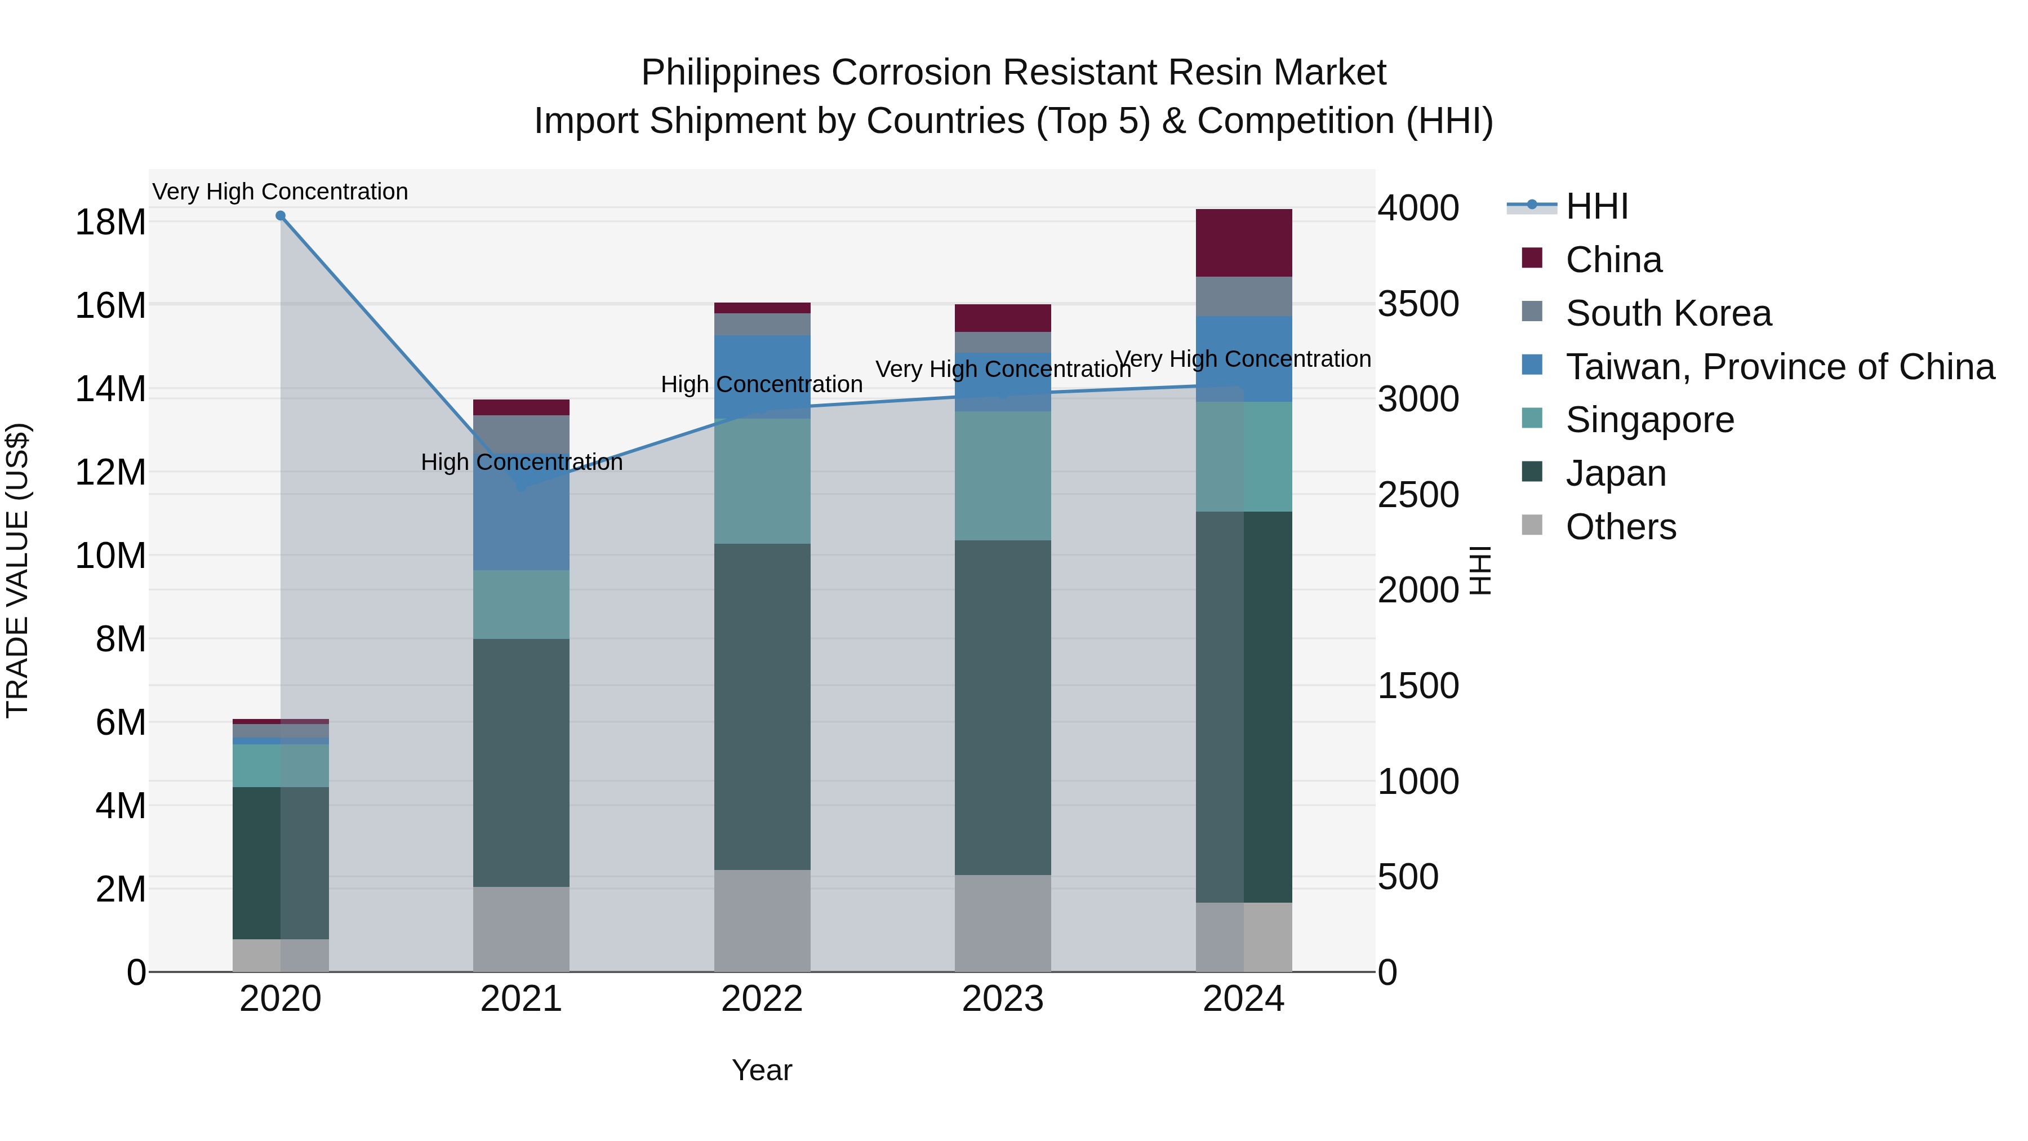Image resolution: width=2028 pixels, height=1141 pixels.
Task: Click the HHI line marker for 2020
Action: [281, 216]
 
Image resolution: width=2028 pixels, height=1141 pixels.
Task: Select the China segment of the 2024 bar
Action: [1243, 242]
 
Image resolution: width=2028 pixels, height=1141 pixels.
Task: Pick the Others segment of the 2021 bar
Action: [521, 929]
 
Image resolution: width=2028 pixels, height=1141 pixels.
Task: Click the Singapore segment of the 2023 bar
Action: [1002, 476]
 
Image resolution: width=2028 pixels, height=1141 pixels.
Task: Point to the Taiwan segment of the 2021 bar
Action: [521, 520]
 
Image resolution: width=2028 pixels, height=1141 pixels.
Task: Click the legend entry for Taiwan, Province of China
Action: [1779, 367]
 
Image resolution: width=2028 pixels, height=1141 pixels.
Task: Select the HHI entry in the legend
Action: [1596, 206]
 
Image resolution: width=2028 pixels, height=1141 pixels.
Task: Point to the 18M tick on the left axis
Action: [110, 223]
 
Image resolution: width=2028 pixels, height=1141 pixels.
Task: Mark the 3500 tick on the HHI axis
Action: [1417, 304]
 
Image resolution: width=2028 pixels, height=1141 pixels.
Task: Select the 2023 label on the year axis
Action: [1002, 999]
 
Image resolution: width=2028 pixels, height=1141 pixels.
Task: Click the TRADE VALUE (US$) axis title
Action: [17, 570]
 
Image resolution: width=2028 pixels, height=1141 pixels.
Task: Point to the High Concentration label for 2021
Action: [521, 462]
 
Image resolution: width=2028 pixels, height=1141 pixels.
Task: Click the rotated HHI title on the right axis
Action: [1480, 570]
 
